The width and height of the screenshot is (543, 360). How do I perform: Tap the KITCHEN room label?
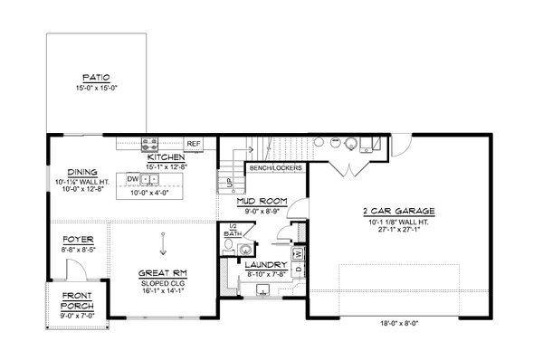tap(165, 156)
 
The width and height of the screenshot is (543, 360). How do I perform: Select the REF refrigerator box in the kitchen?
tap(193, 143)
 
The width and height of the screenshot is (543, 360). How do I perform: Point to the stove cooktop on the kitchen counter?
tap(151, 142)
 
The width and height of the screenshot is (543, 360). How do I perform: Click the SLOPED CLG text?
tap(164, 280)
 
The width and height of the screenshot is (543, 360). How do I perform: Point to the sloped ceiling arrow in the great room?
tap(164, 242)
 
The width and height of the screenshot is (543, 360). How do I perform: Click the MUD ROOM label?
tap(261, 201)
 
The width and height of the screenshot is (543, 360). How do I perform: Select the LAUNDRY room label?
tap(266, 265)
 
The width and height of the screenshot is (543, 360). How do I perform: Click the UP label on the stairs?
tap(228, 182)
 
